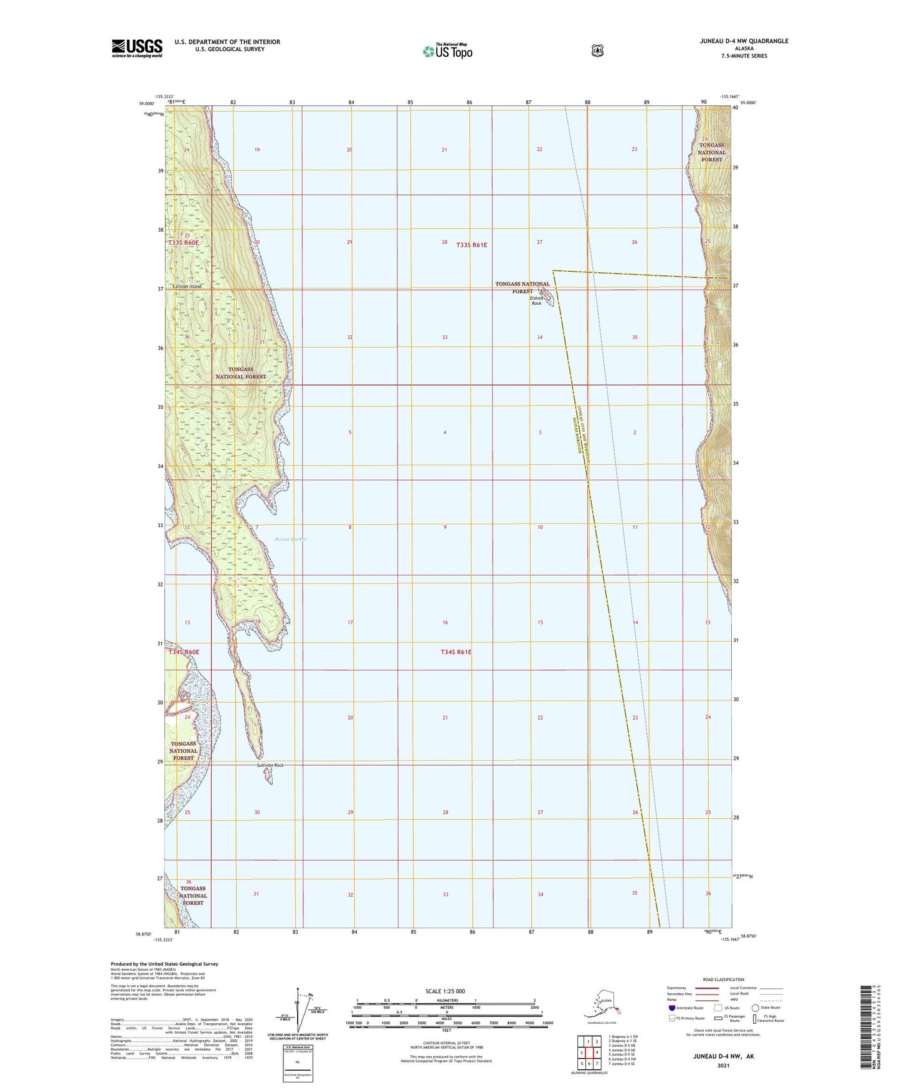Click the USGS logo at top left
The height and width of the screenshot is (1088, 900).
(x=137, y=48)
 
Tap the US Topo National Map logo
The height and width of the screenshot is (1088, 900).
(x=447, y=50)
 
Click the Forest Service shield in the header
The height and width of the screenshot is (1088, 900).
(x=597, y=50)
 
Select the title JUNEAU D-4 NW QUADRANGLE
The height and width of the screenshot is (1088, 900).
(x=744, y=41)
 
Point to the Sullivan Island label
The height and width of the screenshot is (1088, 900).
(x=187, y=286)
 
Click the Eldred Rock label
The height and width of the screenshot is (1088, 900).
(x=536, y=300)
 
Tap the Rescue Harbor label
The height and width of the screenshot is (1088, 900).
(x=291, y=539)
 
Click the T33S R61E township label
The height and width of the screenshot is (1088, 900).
(x=471, y=245)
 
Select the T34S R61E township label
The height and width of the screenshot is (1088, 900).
(x=456, y=652)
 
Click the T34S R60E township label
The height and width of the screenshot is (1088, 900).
(x=184, y=652)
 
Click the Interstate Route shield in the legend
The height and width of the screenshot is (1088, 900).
(x=671, y=1008)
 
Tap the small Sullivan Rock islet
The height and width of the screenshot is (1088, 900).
(x=268, y=776)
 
